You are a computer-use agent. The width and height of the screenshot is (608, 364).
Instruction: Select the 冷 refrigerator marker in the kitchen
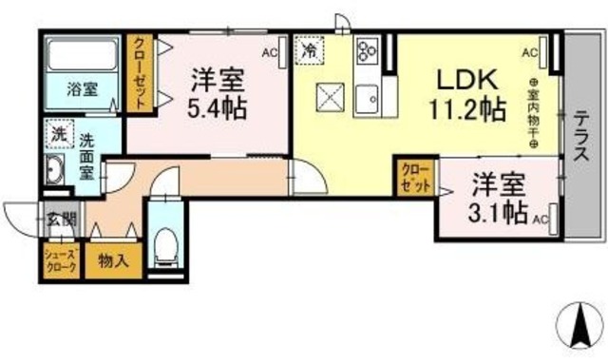[x=310, y=49]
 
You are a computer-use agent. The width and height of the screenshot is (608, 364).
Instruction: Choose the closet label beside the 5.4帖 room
[x=140, y=74]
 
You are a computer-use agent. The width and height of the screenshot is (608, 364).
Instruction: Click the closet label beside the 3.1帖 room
[x=415, y=177]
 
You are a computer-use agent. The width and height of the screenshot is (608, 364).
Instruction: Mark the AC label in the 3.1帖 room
[x=541, y=220]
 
